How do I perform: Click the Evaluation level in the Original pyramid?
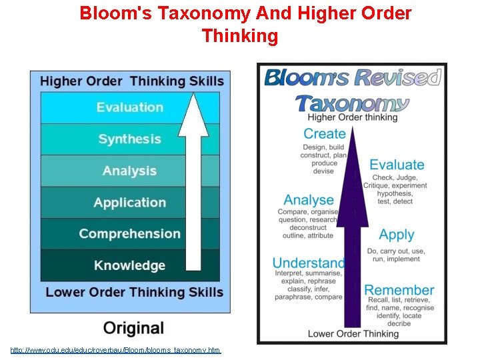pyautogui.click(x=129, y=107)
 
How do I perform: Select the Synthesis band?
pyautogui.click(x=129, y=139)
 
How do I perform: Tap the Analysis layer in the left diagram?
pyautogui.click(x=129, y=171)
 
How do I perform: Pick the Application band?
pyautogui.click(x=129, y=203)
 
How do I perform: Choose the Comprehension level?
pyautogui.click(x=129, y=234)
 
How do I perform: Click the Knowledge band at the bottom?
pyautogui.click(x=129, y=265)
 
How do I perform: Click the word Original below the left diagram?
pyautogui.click(x=133, y=328)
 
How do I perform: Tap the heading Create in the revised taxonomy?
pyautogui.click(x=324, y=134)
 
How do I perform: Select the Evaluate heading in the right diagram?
pyautogui.click(x=397, y=165)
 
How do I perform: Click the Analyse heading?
pyautogui.click(x=309, y=200)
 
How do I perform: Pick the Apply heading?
pyautogui.click(x=397, y=235)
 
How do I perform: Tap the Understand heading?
pyautogui.click(x=309, y=263)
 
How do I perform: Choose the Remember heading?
pyautogui.click(x=399, y=290)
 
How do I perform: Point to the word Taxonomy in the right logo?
pyautogui.click(x=352, y=103)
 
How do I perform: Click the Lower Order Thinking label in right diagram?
pyautogui.click(x=353, y=333)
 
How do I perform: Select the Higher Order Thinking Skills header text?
pyautogui.click(x=131, y=81)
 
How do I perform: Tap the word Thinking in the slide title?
pyautogui.click(x=239, y=36)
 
